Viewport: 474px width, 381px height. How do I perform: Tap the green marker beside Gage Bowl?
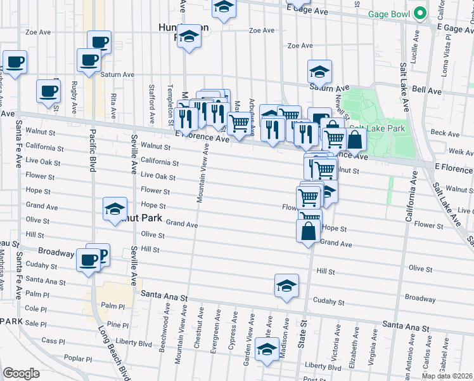[419, 13]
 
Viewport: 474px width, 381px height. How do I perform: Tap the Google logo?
[21, 373]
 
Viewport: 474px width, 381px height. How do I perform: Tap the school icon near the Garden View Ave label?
[267, 349]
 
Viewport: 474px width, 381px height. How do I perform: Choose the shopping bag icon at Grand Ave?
[308, 232]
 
